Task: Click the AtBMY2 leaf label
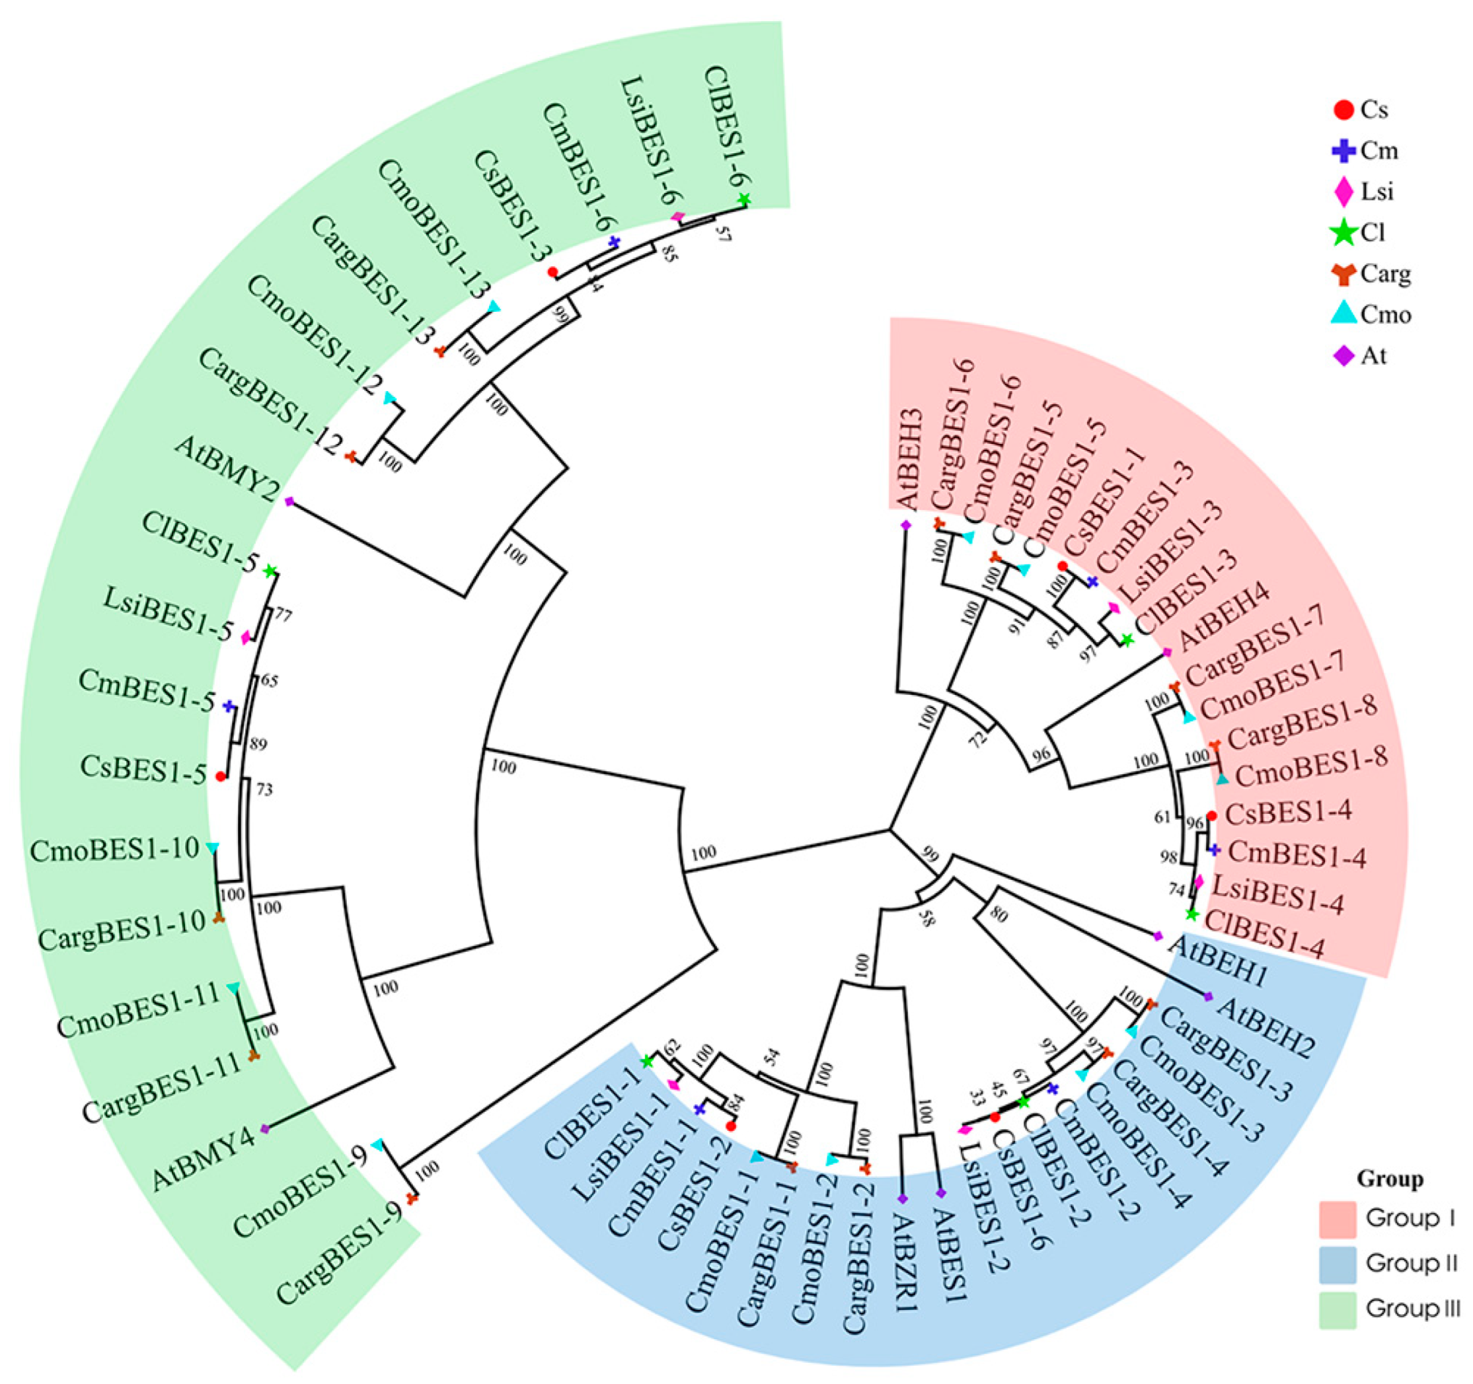click(x=227, y=468)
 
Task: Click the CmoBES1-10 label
click(x=115, y=850)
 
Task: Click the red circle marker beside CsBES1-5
click(x=220, y=777)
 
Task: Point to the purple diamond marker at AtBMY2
click(x=289, y=501)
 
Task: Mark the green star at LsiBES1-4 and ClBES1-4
click(x=1191, y=914)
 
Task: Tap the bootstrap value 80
click(x=998, y=915)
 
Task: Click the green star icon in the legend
click(x=1343, y=233)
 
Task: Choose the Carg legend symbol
click(x=1343, y=275)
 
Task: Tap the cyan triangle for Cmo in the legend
click(x=1343, y=315)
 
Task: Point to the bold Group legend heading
click(x=1390, y=1178)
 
